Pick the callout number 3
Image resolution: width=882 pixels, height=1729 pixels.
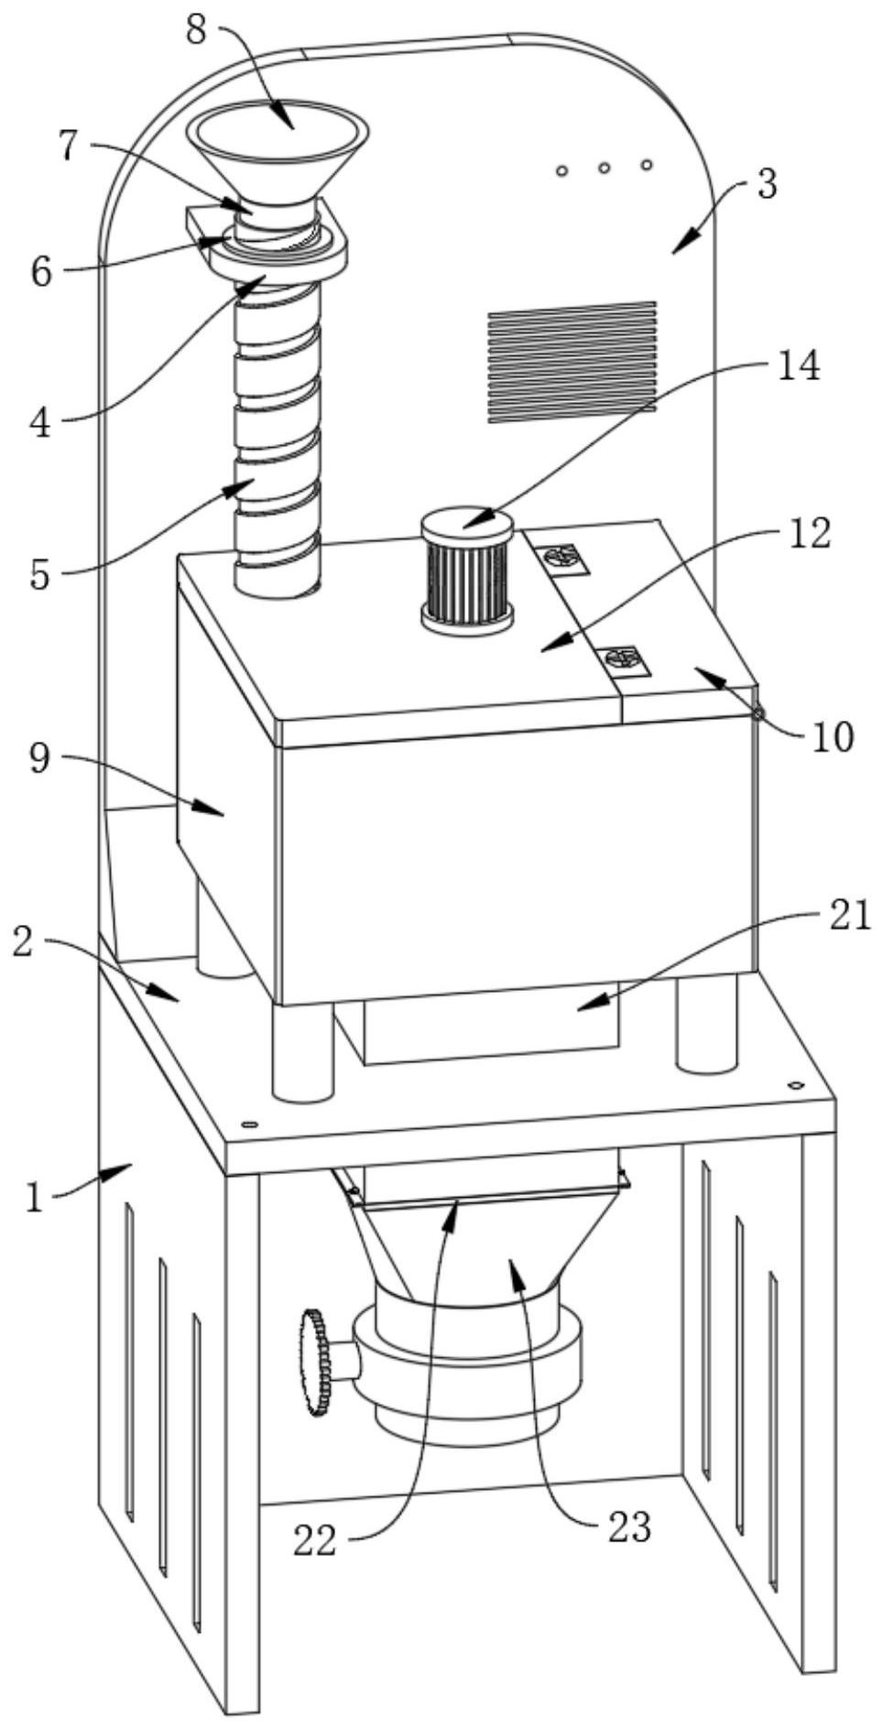point(768,184)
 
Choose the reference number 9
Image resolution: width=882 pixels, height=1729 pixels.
point(38,759)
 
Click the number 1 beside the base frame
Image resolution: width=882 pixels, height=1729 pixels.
point(35,1198)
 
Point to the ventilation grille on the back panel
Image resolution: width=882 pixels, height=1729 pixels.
point(572,362)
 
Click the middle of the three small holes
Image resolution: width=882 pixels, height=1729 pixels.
point(604,168)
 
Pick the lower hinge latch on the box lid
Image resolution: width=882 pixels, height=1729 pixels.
point(622,659)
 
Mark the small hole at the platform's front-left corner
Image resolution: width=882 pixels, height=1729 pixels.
point(246,1124)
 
